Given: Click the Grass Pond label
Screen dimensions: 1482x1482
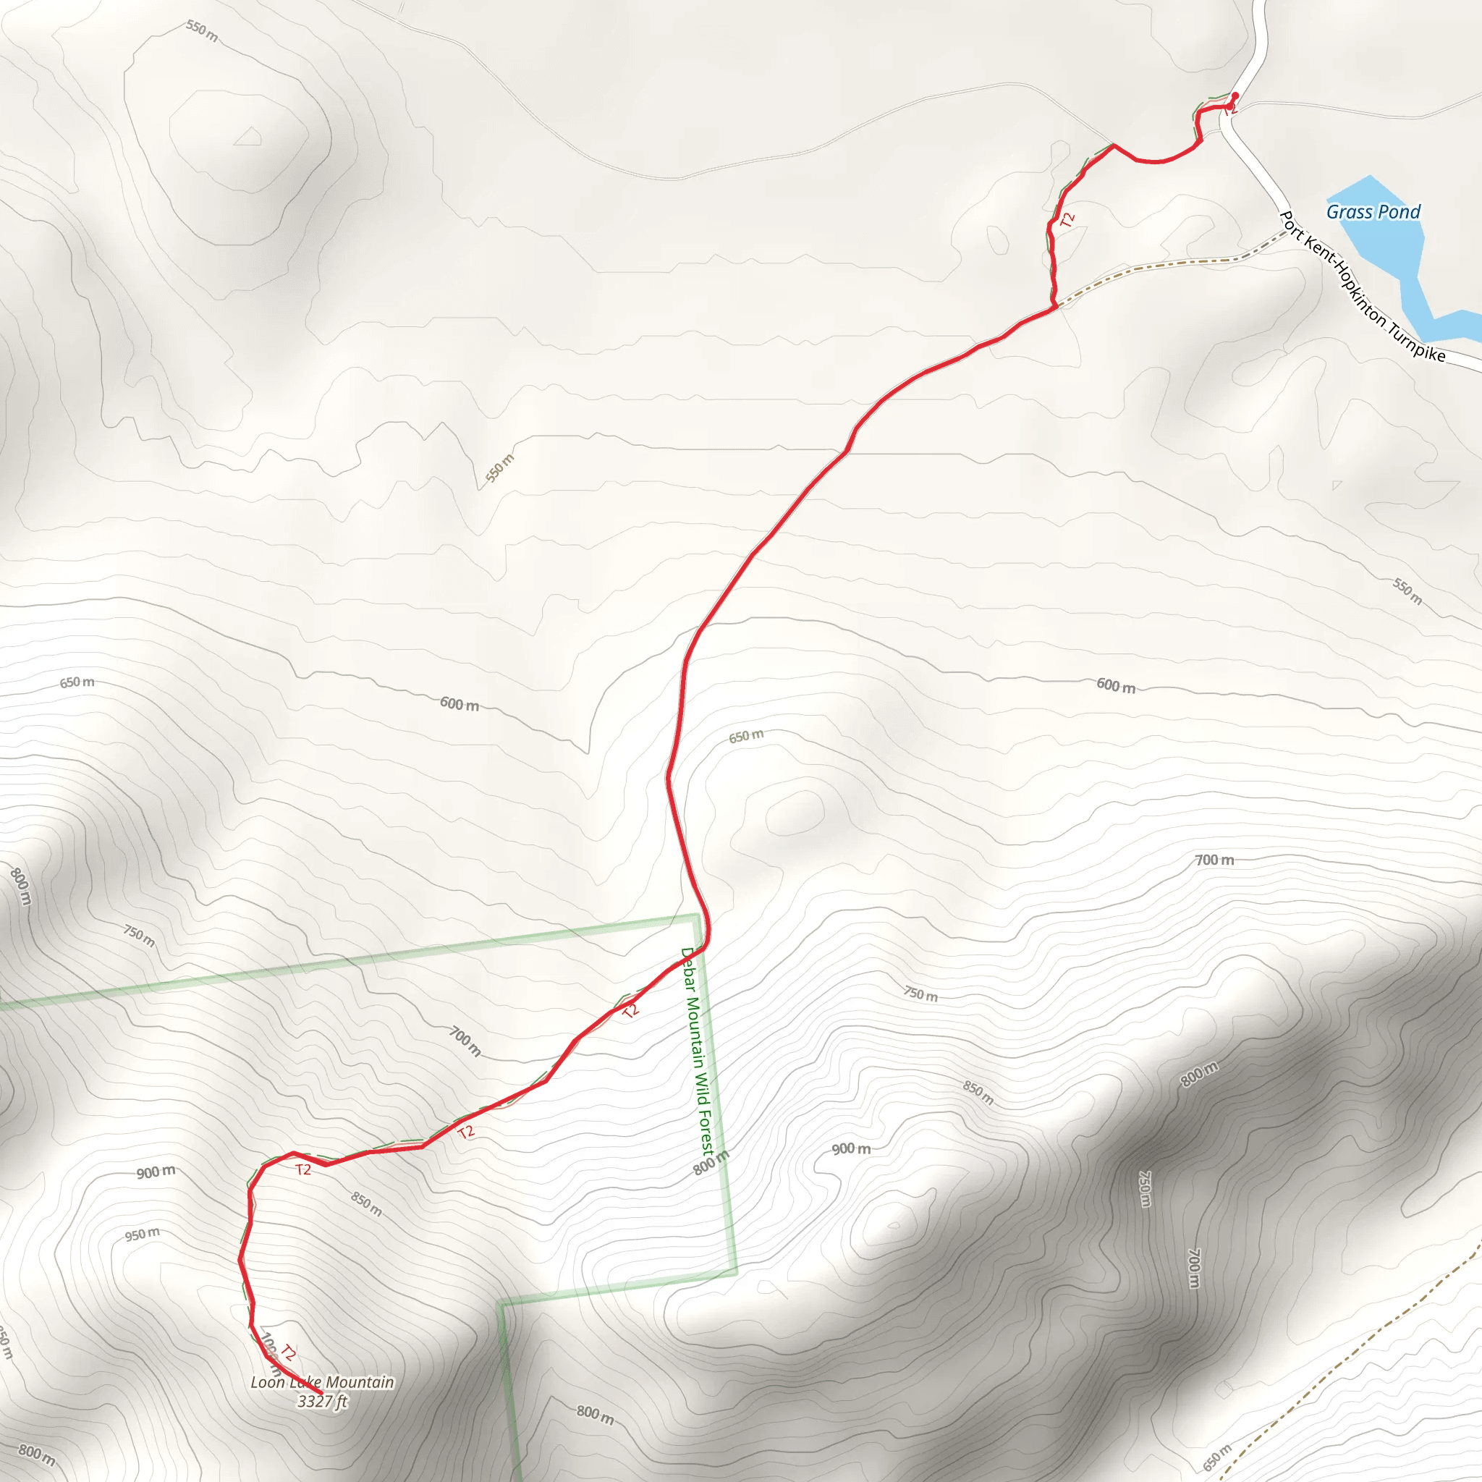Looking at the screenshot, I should tap(1373, 212).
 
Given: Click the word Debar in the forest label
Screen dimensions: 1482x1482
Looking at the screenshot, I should tap(687, 970).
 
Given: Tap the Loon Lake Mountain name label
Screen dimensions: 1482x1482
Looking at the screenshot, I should tap(322, 1381).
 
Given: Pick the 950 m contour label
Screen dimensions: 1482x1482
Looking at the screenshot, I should tap(143, 1235).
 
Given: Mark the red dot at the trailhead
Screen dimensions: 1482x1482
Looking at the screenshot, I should tap(1235, 95).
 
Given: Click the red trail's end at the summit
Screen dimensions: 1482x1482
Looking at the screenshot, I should tap(320, 1392).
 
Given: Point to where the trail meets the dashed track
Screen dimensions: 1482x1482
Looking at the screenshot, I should tap(1057, 307).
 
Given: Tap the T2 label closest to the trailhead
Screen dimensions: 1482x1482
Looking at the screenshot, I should tap(1067, 220).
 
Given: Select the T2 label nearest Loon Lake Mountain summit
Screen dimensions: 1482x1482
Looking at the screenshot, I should tap(288, 1352).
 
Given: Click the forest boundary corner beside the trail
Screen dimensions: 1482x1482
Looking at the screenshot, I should tap(695, 916).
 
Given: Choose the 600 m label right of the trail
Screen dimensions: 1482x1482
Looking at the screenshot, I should tap(1115, 685).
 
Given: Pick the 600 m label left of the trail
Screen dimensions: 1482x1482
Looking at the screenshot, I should tap(460, 703).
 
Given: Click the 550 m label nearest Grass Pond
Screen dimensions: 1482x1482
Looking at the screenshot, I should tap(1407, 591).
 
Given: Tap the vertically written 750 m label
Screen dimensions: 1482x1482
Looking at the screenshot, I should tap(1144, 1188).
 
